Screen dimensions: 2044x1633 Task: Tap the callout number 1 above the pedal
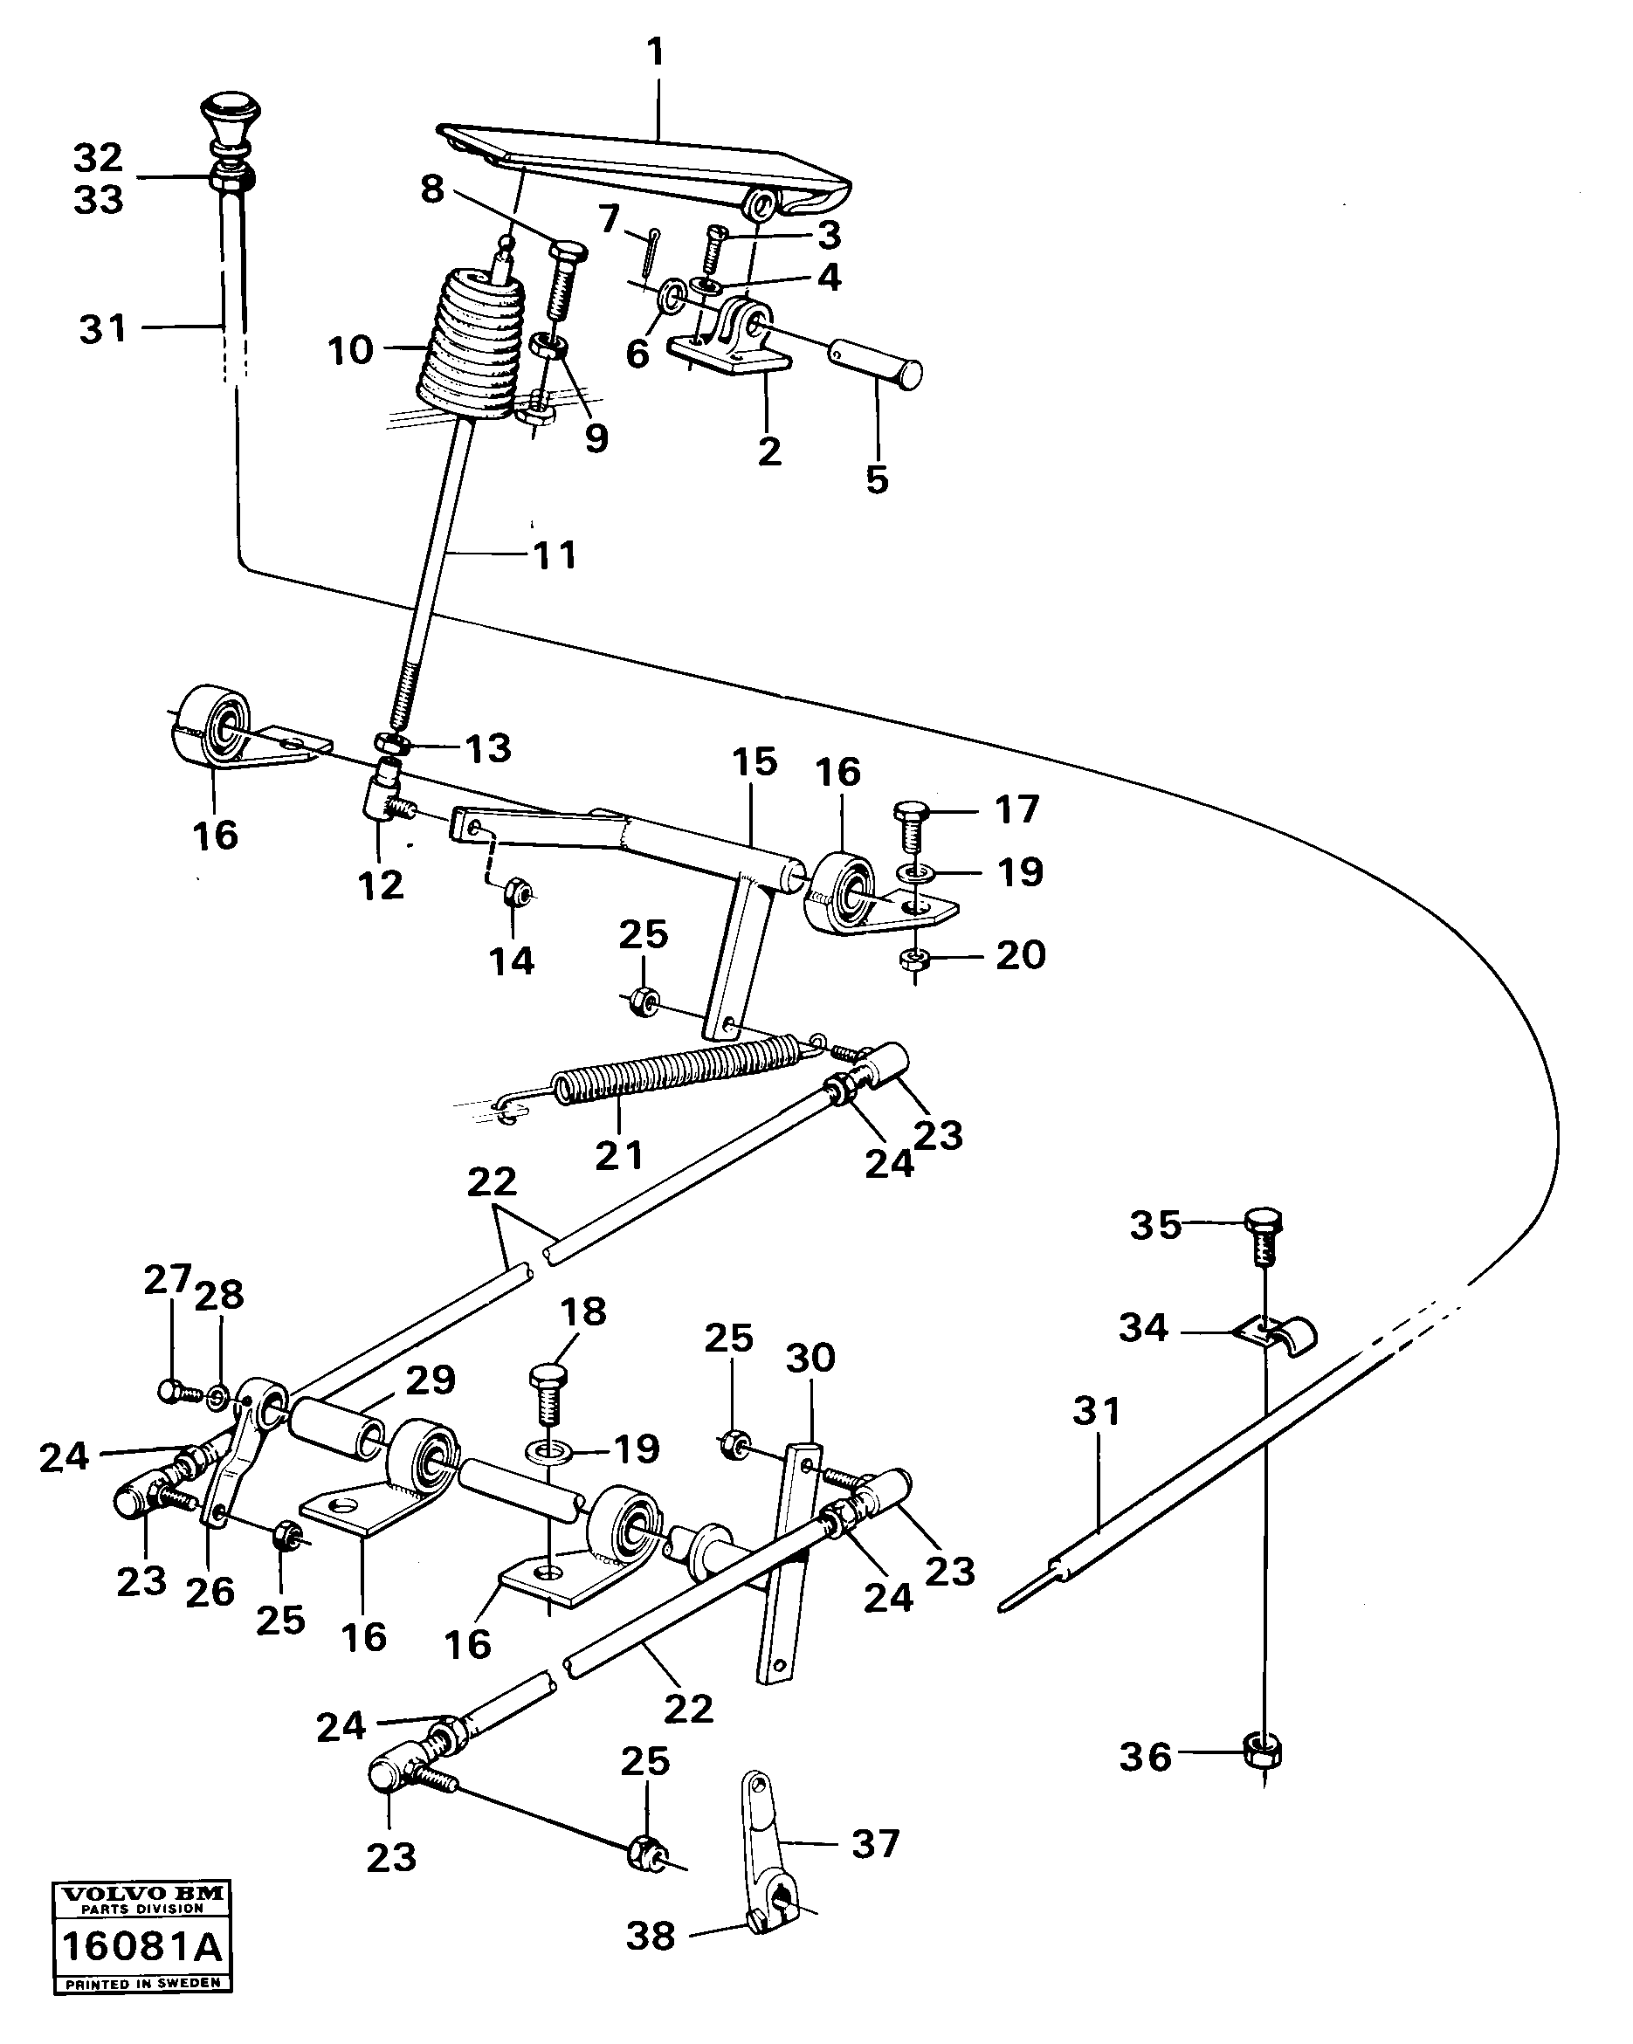pyautogui.click(x=656, y=53)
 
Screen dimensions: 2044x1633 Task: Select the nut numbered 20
pyautogui.click(x=913, y=960)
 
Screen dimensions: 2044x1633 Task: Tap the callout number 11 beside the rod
pyautogui.click(x=555, y=555)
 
